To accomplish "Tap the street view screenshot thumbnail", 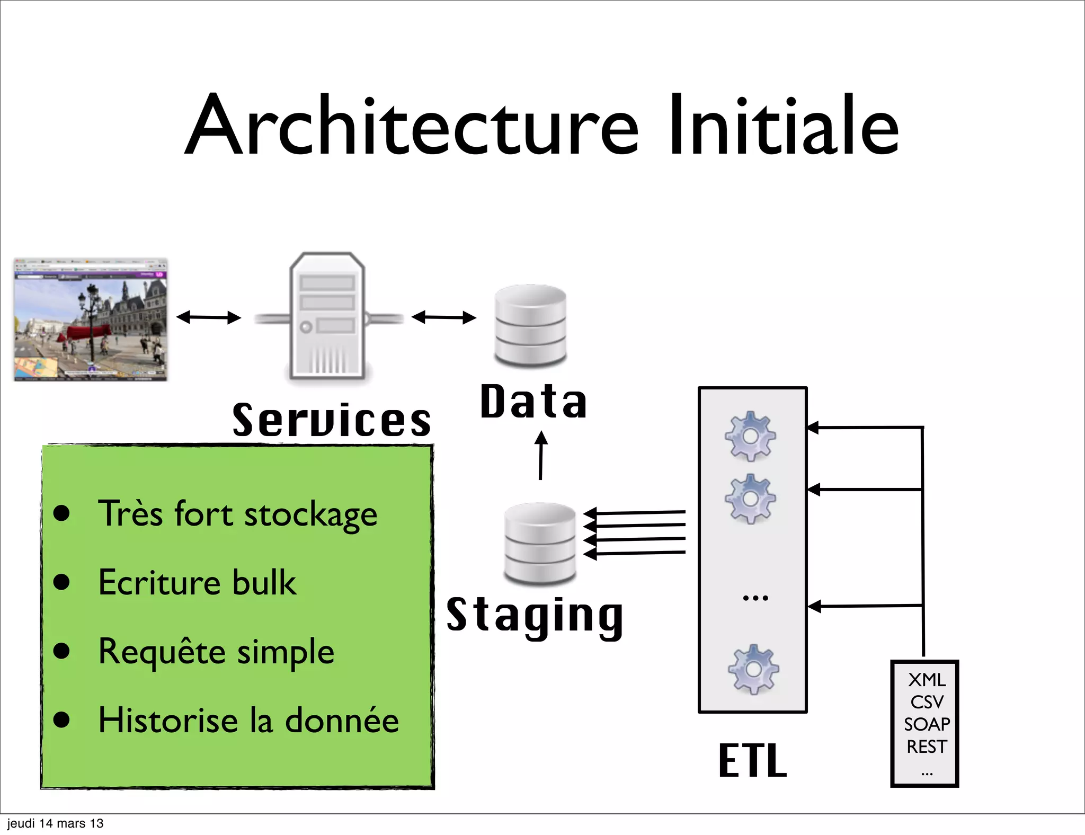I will [x=91, y=319].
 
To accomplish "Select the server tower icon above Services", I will [x=327, y=316].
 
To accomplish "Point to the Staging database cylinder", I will [x=540, y=543].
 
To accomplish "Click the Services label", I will [x=332, y=420].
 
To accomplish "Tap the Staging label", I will [x=535, y=616].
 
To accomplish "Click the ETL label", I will [x=752, y=761].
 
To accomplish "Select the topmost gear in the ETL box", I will [x=750, y=436].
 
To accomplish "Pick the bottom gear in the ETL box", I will [x=753, y=669].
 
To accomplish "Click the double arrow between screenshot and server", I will [x=208, y=317].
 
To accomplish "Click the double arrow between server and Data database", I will [x=444, y=317].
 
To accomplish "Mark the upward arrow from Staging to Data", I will [x=540, y=456].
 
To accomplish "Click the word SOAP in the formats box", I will [x=927, y=724].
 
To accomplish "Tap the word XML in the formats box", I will [x=927, y=680].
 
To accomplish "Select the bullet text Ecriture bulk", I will [x=197, y=583].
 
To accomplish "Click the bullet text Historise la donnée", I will [x=248, y=721].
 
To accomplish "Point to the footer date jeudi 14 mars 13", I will [x=55, y=823].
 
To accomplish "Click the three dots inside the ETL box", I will [x=755, y=598].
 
